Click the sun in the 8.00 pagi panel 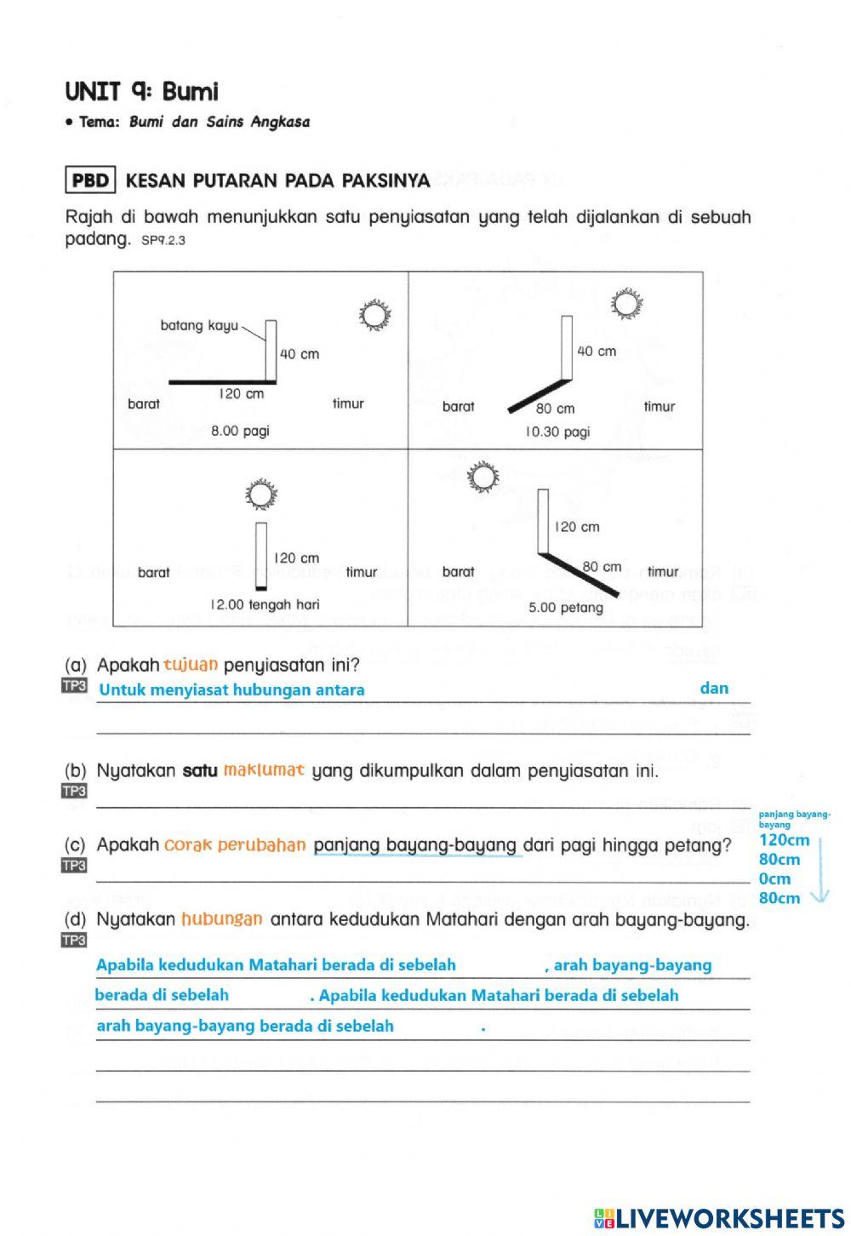374,316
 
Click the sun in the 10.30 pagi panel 628,303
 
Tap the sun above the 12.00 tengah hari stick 261,494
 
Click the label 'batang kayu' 199,325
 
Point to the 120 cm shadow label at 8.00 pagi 242,394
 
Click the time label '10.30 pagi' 557,432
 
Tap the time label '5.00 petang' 566,608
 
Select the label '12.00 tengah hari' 265,604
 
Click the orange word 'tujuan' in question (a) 191,664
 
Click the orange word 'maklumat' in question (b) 264,771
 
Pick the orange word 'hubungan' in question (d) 221,919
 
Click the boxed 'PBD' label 90,180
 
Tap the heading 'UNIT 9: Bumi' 141,91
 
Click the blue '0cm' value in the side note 774,878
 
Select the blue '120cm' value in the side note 784,840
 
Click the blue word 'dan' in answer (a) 714,688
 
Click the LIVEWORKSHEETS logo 719,1217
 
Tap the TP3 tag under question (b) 75,792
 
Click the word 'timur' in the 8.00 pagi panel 348,403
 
